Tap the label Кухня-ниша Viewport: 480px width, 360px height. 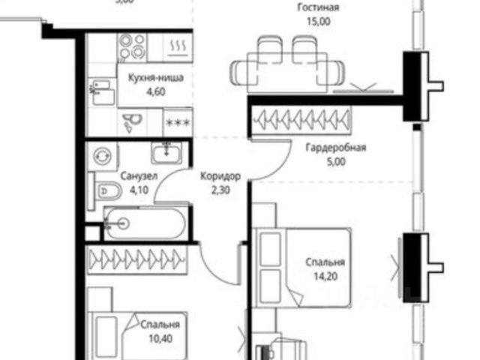coord(155,77)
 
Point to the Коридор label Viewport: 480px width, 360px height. coord(220,177)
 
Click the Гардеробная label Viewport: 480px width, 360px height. coord(335,147)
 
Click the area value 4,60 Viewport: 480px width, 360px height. coord(155,91)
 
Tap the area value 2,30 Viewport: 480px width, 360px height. coord(220,190)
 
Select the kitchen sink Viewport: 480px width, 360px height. coord(103,94)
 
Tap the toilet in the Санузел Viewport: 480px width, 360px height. coord(103,191)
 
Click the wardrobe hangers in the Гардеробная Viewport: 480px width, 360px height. coord(302,118)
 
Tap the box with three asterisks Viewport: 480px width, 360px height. coord(178,122)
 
